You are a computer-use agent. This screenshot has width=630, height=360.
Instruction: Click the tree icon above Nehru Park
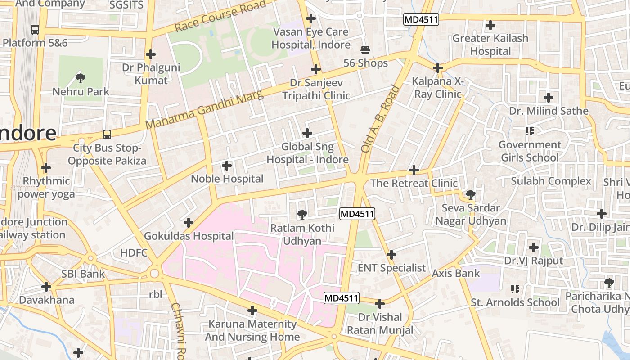click(81, 78)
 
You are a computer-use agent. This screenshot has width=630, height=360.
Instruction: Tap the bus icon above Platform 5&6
click(35, 30)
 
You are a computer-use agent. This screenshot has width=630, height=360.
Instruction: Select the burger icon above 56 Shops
click(365, 49)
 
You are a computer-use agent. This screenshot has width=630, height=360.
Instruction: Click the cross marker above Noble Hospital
click(227, 166)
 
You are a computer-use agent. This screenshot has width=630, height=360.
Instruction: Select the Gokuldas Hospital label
click(189, 236)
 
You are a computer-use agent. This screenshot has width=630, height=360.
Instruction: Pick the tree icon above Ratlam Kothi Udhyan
click(302, 214)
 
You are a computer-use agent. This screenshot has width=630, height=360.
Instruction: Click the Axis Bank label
click(456, 273)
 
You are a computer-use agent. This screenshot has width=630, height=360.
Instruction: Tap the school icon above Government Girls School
click(529, 131)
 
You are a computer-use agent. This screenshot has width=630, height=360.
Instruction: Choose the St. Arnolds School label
click(515, 302)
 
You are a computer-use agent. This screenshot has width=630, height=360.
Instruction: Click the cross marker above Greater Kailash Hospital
click(490, 25)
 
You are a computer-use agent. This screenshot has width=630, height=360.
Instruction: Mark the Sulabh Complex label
click(551, 181)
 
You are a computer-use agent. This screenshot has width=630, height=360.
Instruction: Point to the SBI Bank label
click(83, 274)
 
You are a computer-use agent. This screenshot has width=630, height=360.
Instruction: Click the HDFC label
click(134, 253)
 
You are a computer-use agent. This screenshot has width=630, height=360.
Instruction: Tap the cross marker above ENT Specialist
click(391, 255)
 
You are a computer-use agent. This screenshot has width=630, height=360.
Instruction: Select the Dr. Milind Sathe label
click(549, 111)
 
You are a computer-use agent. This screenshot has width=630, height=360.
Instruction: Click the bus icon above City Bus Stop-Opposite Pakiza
click(107, 135)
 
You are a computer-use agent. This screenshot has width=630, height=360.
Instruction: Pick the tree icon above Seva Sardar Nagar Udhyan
click(470, 195)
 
